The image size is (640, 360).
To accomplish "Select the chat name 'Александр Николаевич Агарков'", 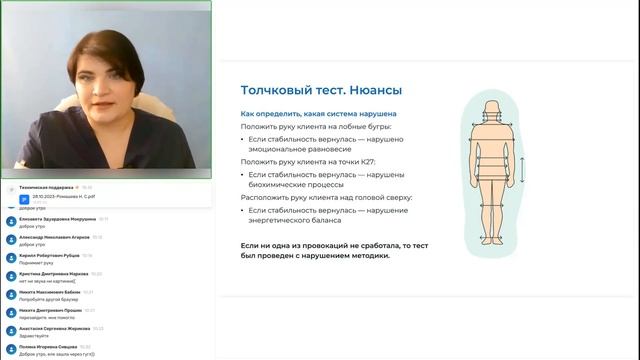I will (53, 237).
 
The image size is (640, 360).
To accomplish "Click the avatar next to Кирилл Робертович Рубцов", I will (10, 257).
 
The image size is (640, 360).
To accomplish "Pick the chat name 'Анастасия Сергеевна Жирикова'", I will (55, 329).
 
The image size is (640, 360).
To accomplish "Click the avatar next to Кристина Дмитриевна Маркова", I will (10, 275).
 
